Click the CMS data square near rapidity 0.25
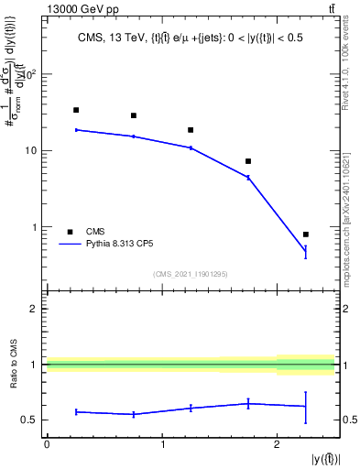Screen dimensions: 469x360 tap(76, 110)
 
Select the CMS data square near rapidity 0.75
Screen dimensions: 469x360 tap(134, 115)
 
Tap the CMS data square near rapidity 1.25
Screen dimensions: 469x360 tap(191, 130)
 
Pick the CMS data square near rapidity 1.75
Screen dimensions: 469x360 tap(248, 161)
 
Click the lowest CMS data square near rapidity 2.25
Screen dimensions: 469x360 tap(305, 234)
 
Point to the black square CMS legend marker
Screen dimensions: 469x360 tap(69, 232)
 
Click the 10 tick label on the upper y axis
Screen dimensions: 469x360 tap(31, 150)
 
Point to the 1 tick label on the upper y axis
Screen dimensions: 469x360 tap(34, 227)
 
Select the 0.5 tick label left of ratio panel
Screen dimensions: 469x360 tap(28, 420)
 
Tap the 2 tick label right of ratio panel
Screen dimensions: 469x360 tap(346, 309)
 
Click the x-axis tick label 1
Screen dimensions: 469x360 tap(162, 444)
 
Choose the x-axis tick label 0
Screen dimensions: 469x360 tap(47, 444)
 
